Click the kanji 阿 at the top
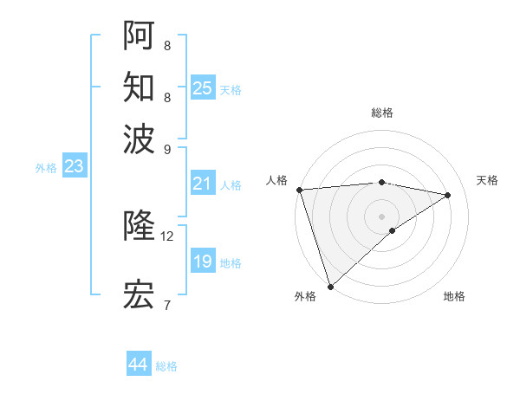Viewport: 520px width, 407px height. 139,36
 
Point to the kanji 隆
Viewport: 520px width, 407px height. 139,226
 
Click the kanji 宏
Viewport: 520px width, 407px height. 139,294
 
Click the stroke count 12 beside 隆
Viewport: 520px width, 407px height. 167,236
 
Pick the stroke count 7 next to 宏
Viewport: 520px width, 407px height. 167,304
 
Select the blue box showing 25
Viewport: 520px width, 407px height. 202,87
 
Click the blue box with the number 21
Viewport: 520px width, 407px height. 202,184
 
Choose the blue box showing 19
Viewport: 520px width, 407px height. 202,262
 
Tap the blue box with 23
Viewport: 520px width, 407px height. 74,166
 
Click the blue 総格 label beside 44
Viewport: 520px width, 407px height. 166,366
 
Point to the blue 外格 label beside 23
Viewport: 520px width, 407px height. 46,168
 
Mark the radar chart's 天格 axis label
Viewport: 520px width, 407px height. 487,180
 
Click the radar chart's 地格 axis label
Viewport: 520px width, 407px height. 454,296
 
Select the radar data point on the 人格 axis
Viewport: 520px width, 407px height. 299,190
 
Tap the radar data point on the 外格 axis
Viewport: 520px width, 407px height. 330,286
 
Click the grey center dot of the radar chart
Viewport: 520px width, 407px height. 381,215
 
